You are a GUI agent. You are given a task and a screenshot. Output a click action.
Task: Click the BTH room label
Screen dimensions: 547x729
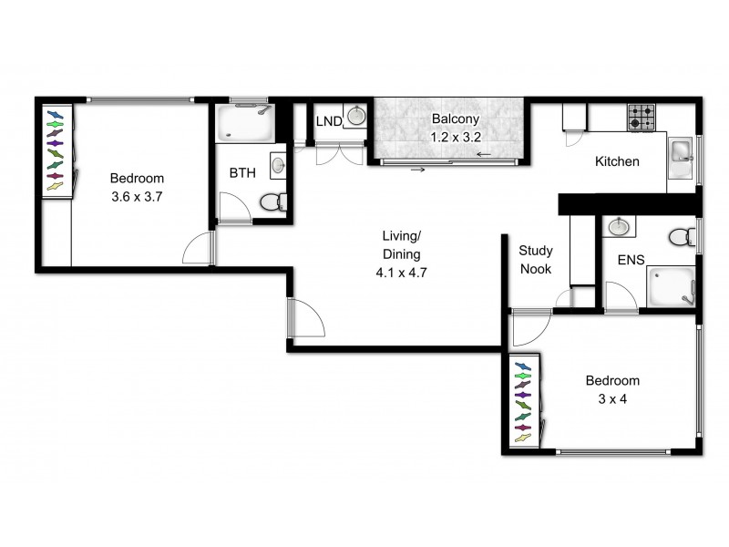click(242, 172)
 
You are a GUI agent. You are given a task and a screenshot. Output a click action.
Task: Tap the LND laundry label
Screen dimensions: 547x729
click(328, 121)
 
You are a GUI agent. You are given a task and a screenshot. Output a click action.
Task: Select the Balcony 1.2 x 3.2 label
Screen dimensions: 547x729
click(455, 129)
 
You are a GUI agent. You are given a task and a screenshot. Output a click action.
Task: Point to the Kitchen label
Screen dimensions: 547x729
click(617, 162)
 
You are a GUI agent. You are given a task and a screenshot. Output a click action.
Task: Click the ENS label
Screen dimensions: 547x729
click(631, 260)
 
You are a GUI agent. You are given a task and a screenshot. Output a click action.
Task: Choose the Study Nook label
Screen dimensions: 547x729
click(536, 260)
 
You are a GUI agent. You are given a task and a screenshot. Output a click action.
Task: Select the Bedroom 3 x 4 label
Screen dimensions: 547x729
click(611, 389)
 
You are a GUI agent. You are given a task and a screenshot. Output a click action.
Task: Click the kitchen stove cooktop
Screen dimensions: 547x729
click(641, 118)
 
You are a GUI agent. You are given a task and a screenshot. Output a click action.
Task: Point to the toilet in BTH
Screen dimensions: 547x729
click(272, 201)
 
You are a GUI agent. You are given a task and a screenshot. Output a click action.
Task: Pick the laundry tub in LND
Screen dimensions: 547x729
click(355, 119)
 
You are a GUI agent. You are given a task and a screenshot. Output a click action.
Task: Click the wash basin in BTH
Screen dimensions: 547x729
click(277, 166)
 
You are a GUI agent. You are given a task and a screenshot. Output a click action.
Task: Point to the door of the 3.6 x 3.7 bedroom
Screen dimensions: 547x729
click(198, 248)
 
